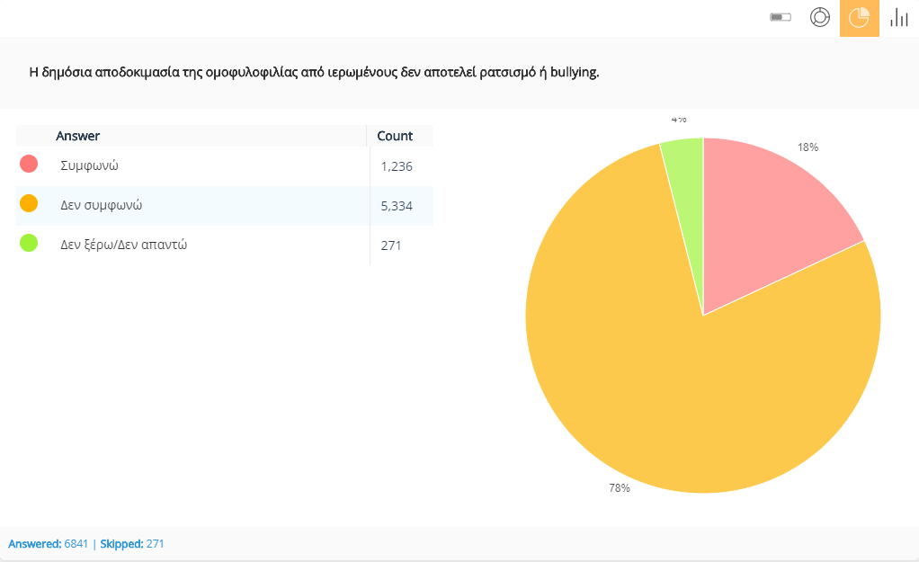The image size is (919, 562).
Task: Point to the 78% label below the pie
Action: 620,488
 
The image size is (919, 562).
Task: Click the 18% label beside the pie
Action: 807,147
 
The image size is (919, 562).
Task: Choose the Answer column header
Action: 78,136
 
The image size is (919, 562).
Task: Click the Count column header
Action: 395,136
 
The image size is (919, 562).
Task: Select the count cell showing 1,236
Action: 396,166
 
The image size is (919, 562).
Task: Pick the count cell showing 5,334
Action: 396,206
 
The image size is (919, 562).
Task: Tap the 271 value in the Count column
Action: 391,245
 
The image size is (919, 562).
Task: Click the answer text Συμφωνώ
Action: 90,165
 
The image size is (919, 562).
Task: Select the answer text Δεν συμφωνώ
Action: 101,205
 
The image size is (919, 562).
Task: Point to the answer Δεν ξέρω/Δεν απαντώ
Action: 123,245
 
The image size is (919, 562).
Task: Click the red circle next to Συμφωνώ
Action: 29,164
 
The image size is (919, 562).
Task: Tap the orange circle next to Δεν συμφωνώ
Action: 29,203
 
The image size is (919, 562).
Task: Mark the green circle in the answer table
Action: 29,243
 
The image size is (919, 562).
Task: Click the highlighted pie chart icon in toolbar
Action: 859,18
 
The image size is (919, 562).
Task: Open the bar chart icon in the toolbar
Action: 898,18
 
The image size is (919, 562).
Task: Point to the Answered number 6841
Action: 76,544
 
